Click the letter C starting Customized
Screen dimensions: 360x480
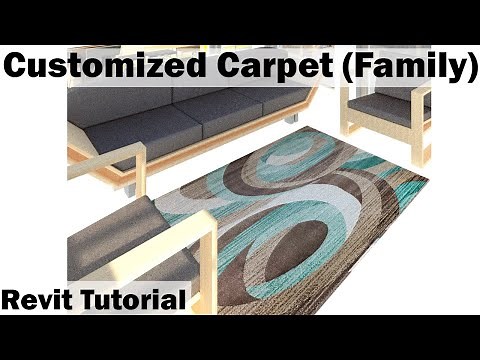click(x=18, y=68)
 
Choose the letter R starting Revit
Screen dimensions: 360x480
click(x=11, y=298)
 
